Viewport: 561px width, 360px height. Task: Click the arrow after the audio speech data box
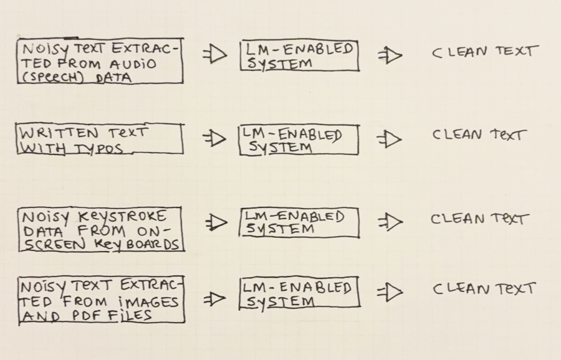(x=214, y=55)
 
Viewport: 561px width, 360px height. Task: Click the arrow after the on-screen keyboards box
(x=216, y=222)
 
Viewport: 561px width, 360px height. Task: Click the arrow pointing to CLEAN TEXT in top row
(x=390, y=55)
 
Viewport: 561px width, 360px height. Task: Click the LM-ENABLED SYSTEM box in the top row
(x=299, y=56)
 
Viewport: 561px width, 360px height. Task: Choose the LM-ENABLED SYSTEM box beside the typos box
(x=299, y=140)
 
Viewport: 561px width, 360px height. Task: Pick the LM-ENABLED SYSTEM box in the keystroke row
(x=299, y=223)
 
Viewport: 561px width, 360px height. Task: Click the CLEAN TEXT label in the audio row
(x=483, y=52)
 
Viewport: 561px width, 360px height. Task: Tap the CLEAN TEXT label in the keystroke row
(x=479, y=219)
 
